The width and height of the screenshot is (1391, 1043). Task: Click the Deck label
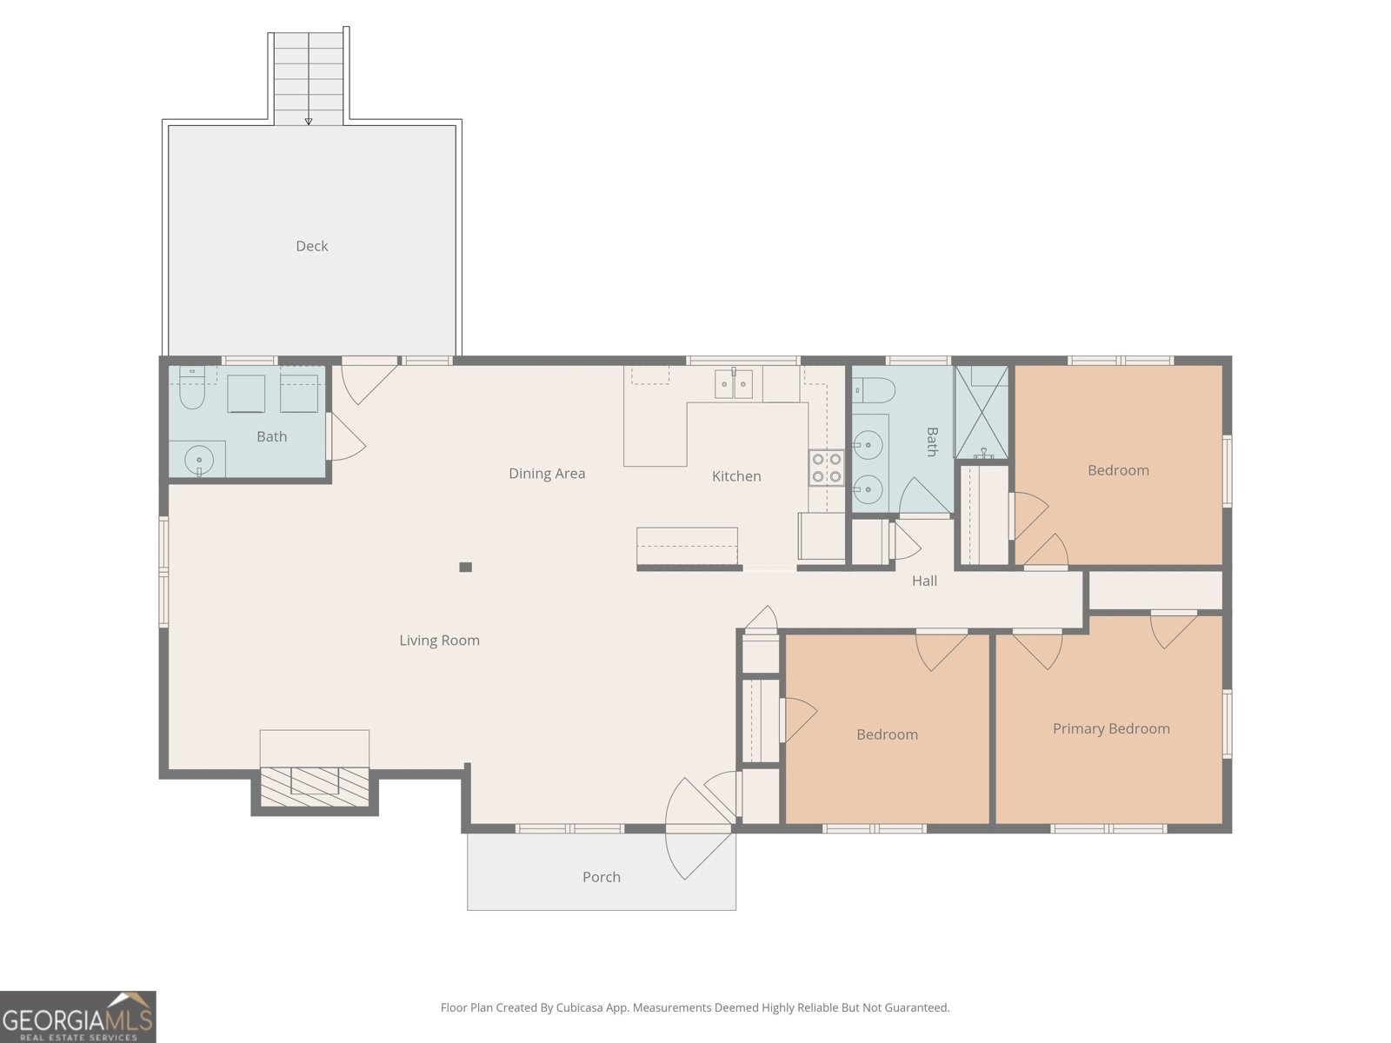(x=311, y=246)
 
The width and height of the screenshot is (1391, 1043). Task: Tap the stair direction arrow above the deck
(x=309, y=121)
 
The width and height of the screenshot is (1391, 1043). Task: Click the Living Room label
(x=439, y=641)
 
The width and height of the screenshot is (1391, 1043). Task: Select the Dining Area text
(x=547, y=474)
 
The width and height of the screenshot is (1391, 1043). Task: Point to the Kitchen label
(x=736, y=476)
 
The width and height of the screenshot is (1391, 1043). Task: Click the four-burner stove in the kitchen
(x=826, y=468)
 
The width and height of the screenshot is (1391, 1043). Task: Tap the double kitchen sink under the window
(x=734, y=383)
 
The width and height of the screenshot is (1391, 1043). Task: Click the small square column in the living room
(x=465, y=568)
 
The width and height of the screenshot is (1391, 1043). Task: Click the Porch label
(x=601, y=877)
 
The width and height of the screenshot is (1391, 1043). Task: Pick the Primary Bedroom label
(x=1111, y=728)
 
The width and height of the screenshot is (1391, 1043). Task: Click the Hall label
(x=924, y=581)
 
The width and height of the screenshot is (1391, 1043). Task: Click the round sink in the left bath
(x=200, y=460)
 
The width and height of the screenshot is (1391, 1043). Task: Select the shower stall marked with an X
(x=982, y=412)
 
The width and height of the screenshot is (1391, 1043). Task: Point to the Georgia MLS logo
(x=77, y=1016)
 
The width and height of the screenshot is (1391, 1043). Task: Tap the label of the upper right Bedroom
(x=1118, y=470)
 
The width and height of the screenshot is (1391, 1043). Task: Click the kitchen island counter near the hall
(x=687, y=547)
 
